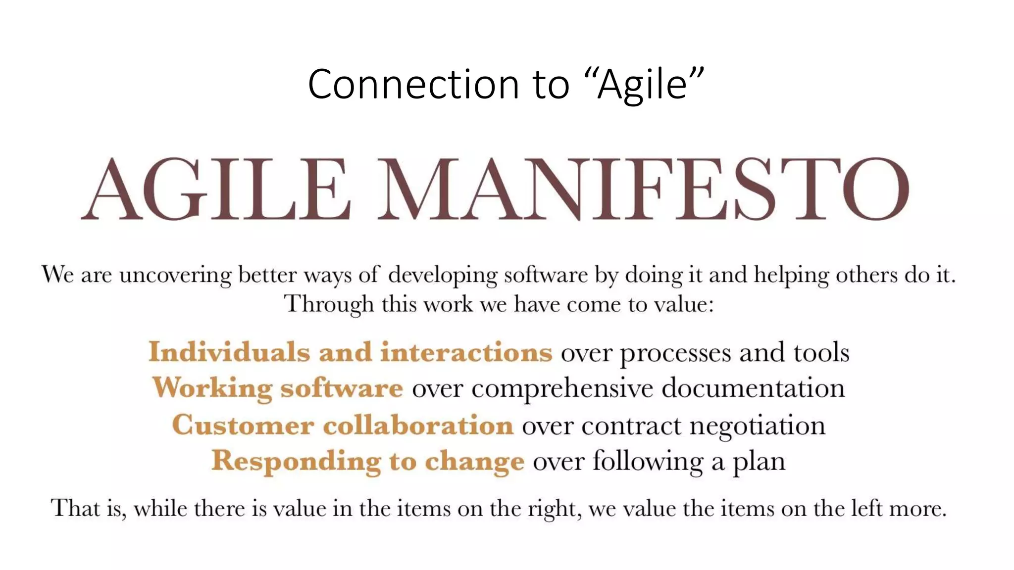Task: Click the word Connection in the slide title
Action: tap(413, 84)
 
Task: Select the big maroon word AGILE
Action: tap(216, 189)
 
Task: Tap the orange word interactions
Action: tap(466, 352)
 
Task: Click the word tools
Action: tap(821, 353)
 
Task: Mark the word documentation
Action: tap(753, 387)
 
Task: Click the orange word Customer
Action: tap(243, 425)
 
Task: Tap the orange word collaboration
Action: tap(418, 425)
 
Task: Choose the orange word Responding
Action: tap(296, 462)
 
